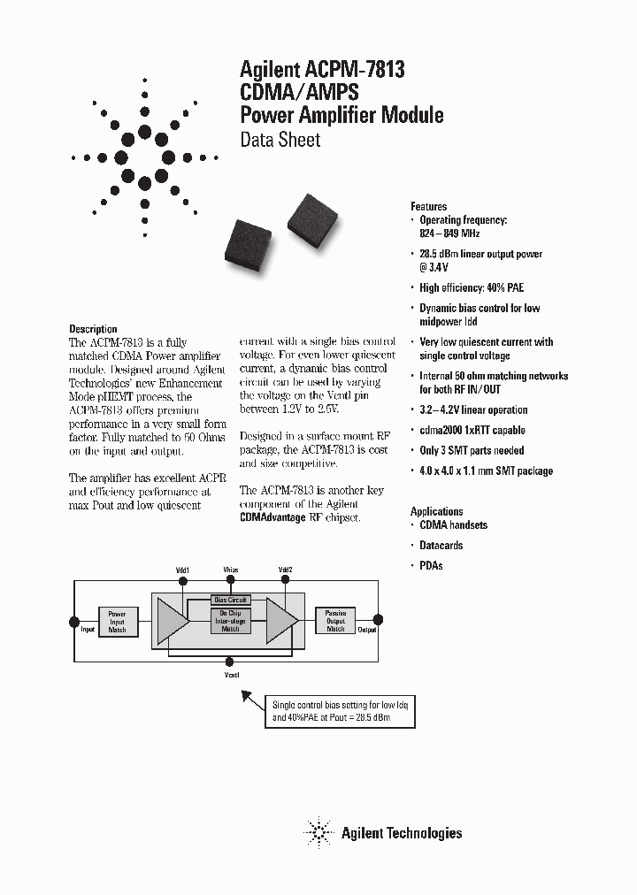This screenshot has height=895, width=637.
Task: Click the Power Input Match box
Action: coord(117,622)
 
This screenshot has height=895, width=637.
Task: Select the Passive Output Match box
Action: coord(335,621)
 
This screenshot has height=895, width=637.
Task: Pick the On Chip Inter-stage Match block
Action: coord(230,621)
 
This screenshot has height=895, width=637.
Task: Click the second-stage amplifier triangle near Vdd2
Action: coord(282,621)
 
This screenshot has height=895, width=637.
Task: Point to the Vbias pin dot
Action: coord(231,580)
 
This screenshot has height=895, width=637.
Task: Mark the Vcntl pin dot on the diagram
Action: coord(231,660)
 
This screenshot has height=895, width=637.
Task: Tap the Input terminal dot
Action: coord(74,621)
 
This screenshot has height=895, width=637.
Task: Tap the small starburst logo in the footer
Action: coord(318,832)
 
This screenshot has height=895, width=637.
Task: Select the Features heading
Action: coord(428,206)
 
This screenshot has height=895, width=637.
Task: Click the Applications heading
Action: coord(436,511)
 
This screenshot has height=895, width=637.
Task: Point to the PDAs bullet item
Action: coord(430,565)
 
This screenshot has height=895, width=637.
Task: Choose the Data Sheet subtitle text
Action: coord(280,140)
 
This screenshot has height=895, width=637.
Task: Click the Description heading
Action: coord(93,328)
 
